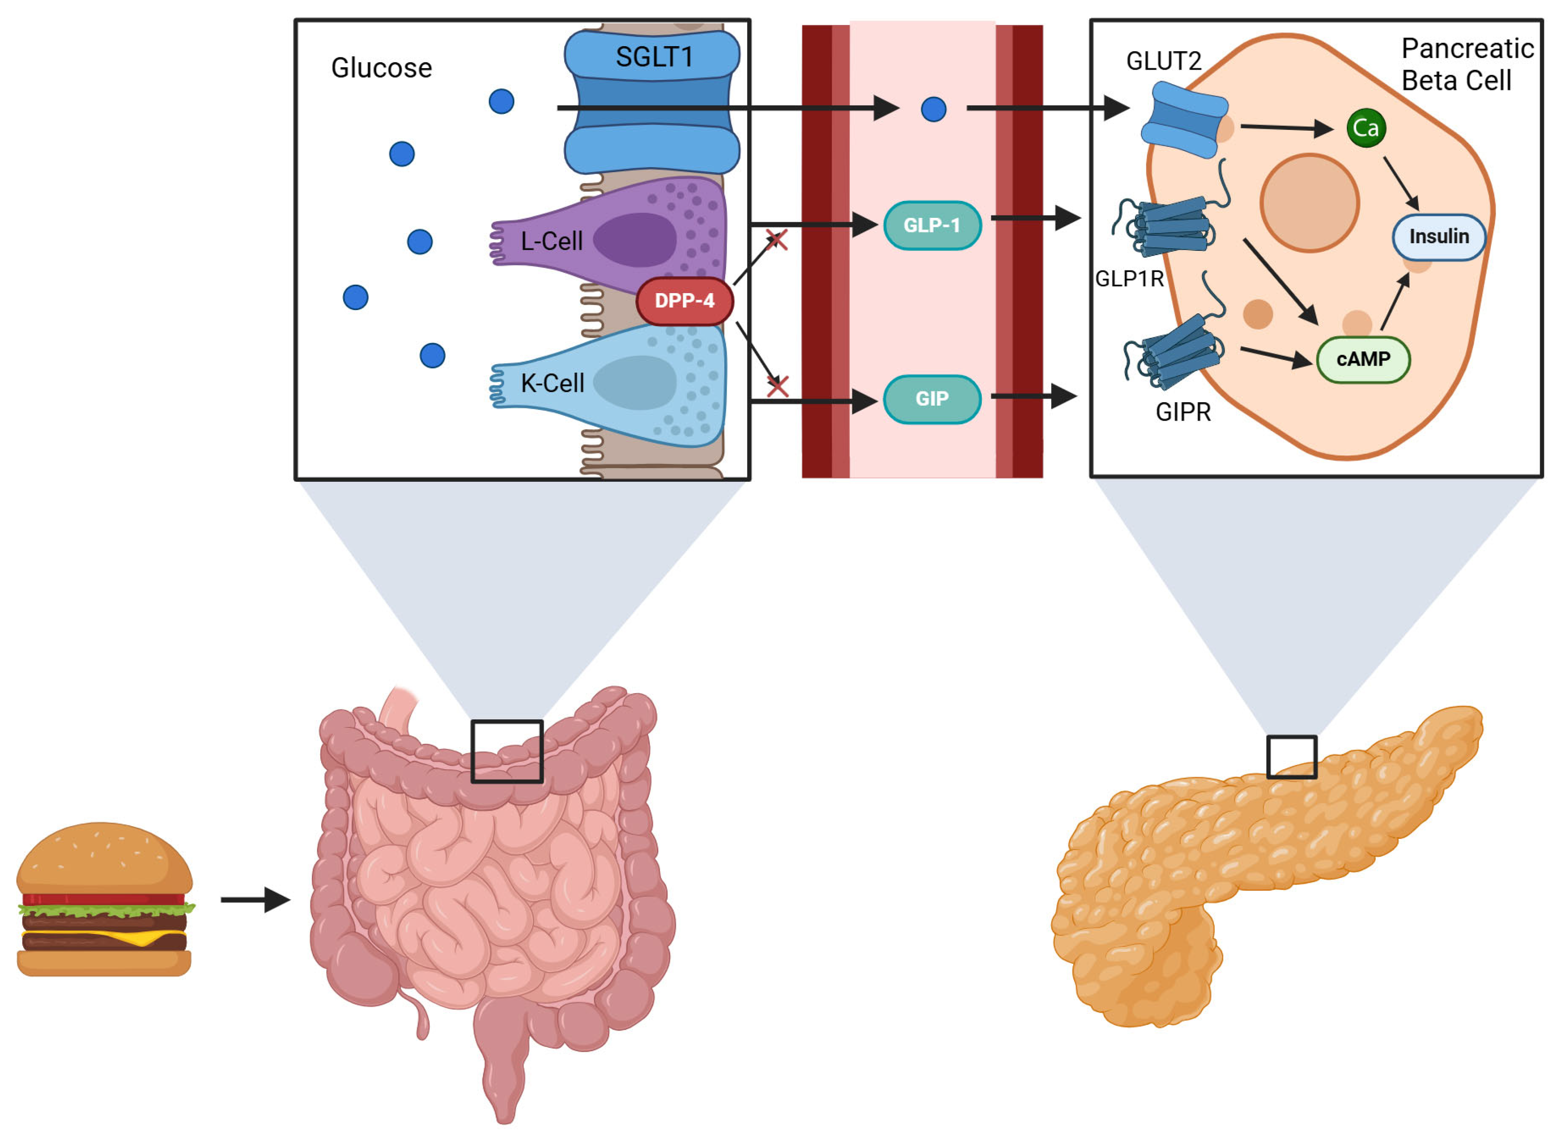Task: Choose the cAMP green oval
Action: [x=1362, y=359]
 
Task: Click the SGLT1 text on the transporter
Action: [x=654, y=56]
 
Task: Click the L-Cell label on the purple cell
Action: [x=551, y=241]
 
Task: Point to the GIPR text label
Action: [x=1183, y=412]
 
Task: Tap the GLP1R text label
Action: [x=1129, y=279]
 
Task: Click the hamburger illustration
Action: [x=103, y=899]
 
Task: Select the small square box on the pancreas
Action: [x=1291, y=757]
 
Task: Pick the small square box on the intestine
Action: [x=507, y=751]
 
